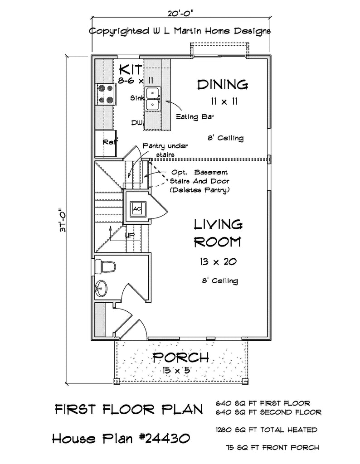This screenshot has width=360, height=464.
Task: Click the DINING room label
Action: (x=223, y=84)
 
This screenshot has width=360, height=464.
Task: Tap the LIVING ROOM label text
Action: (x=217, y=233)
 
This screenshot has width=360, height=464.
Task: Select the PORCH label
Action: (x=180, y=358)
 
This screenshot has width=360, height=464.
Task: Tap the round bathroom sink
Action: (x=101, y=287)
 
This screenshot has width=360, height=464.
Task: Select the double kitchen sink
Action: (x=154, y=98)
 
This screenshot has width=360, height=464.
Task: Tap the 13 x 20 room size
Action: (x=217, y=261)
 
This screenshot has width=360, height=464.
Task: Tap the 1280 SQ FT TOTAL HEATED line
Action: (x=266, y=430)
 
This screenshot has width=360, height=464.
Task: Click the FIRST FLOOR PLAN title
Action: (x=128, y=409)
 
